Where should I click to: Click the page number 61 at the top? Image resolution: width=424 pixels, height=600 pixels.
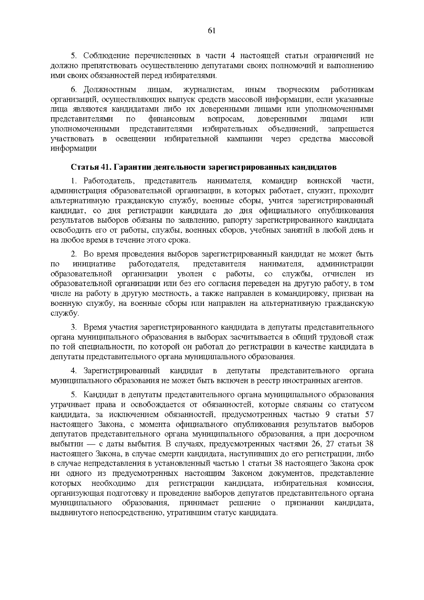(212, 31)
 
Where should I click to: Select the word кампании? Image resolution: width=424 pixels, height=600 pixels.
(245, 139)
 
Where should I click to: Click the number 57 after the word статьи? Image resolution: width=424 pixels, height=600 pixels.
(368, 414)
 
